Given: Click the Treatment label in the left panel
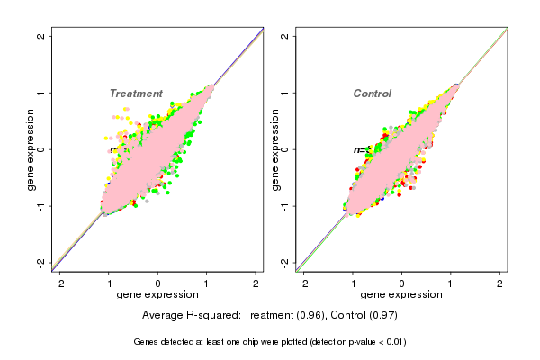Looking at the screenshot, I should [136, 94].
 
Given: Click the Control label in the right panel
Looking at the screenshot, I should [372, 94].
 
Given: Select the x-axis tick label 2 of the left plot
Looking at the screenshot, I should [256, 283].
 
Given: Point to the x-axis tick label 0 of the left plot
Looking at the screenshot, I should [158, 283].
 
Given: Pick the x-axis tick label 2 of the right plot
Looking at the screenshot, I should [500, 283].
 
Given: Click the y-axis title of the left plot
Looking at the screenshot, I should [31, 149].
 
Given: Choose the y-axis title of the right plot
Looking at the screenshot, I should [274, 149].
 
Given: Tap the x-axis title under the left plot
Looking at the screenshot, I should [157, 295].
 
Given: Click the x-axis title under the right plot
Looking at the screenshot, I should [401, 295].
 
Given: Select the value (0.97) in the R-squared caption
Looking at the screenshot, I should [382, 316].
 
